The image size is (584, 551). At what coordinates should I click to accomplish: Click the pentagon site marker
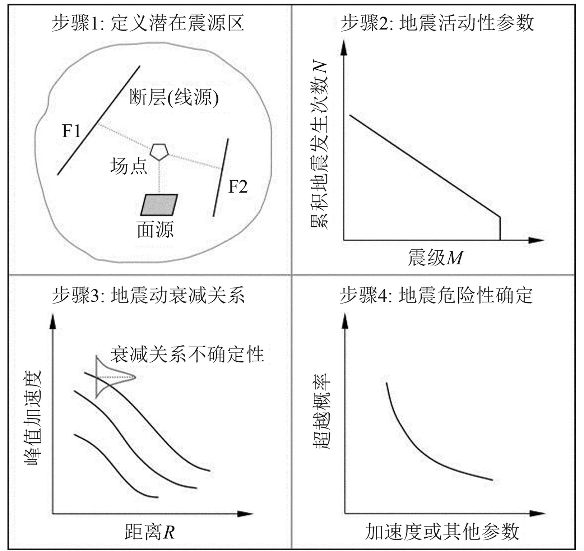click(x=159, y=152)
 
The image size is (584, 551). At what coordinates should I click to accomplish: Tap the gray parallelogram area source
click(x=159, y=205)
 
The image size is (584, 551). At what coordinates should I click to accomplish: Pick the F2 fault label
click(x=238, y=187)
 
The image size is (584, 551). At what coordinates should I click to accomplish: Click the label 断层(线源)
click(x=174, y=97)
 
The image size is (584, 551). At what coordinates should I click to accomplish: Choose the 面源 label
click(x=155, y=229)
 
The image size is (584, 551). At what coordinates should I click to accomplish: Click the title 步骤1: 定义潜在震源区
click(x=148, y=23)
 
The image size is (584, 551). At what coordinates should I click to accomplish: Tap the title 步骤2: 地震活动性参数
click(x=437, y=23)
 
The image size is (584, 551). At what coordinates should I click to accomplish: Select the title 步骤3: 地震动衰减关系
click(x=148, y=295)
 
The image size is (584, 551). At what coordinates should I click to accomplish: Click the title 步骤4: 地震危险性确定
click(x=436, y=295)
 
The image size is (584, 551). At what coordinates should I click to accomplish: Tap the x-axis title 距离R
click(x=149, y=532)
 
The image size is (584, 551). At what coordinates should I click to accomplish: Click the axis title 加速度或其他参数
click(x=442, y=532)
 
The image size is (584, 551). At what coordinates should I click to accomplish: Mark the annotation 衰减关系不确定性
click(x=187, y=354)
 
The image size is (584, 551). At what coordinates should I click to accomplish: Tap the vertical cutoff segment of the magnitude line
click(x=500, y=228)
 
